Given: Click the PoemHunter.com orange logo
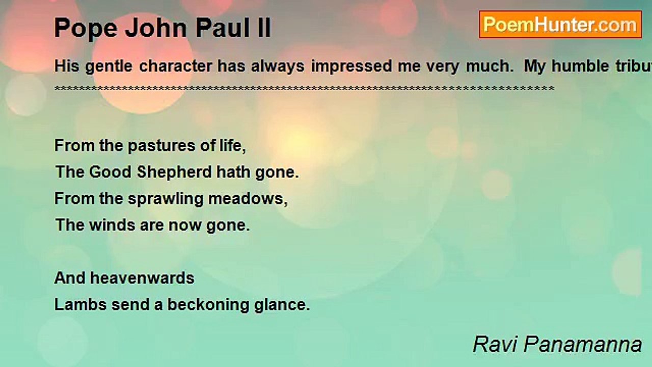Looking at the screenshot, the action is [x=560, y=24].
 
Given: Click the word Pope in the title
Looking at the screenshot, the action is [x=86, y=28].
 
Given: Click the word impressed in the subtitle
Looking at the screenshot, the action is [x=351, y=67].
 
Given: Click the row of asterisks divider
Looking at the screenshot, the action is [x=304, y=88].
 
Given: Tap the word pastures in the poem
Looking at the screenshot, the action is [x=161, y=146].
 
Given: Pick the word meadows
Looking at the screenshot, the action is [x=248, y=199].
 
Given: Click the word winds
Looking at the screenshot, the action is [x=112, y=225].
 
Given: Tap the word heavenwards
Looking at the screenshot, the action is [x=142, y=278].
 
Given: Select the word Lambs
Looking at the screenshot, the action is [x=80, y=305].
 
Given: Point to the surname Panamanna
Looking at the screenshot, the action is [x=583, y=344].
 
